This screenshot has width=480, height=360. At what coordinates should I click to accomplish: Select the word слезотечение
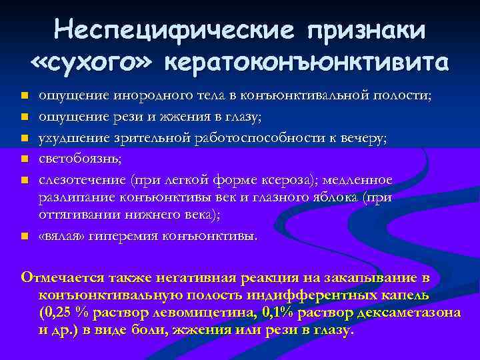pos(82,181)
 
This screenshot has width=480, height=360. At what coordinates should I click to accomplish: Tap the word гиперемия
pos(124,236)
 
